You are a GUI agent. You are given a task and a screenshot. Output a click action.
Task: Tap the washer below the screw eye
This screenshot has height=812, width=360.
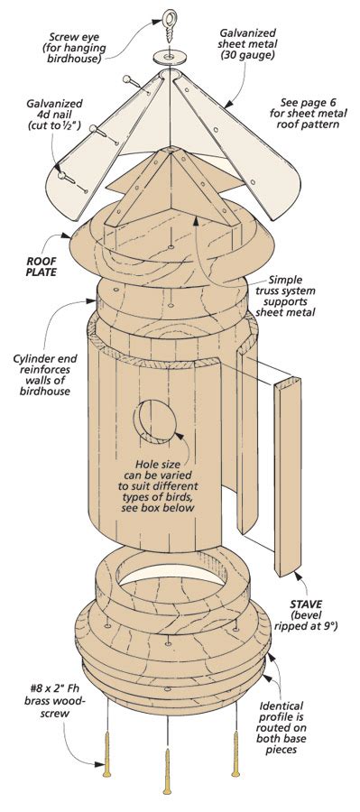coord(168,56)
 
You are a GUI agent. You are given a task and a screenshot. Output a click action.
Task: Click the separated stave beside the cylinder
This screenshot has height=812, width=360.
coord(286,475)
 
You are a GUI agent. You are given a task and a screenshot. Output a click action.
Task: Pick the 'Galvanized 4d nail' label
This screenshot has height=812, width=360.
coord(47,115)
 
